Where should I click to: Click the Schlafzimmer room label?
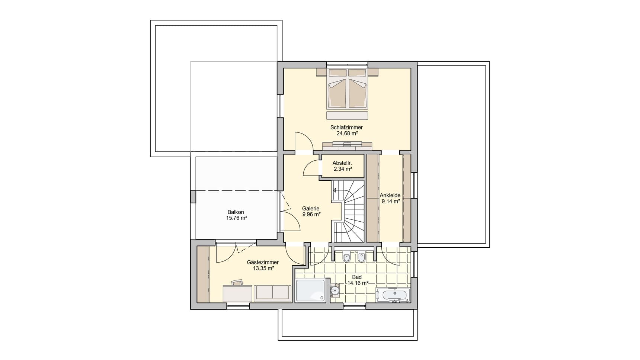[x=346, y=127]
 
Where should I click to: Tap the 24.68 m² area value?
[x=347, y=134]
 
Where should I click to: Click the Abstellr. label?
[x=342, y=163]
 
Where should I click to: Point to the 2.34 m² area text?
[x=343, y=169]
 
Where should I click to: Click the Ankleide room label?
[x=390, y=195]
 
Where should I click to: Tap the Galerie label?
[x=311, y=209]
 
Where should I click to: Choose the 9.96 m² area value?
[x=311, y=215]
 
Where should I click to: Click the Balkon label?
[x=236, y=212]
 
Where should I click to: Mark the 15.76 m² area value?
[x=237, y=218]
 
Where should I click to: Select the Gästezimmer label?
[x=263, y=262]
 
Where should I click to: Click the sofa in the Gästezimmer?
[x=273, y=293]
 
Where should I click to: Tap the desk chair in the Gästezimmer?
[x=237, y=283]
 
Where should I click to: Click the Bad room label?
[x=357, y=277]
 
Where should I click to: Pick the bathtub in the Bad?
[x=393, y=295]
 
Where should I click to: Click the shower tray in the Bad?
[x=310, y=290]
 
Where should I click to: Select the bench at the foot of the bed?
[x=347, y=115]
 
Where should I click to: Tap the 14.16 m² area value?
[x=358, y=283]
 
